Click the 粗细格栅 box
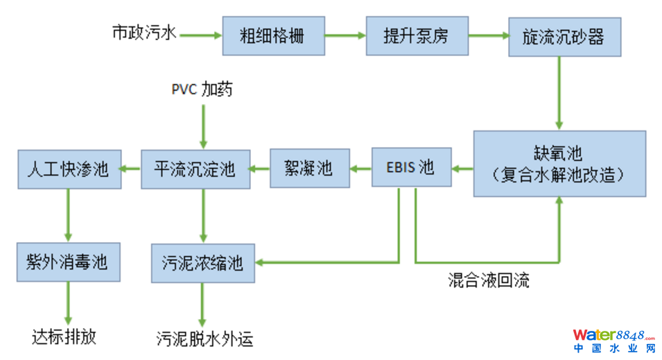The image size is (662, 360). pos(273,35)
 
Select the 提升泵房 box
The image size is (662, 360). pos(417,35)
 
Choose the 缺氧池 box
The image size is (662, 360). pos(559,163)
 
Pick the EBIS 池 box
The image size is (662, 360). pos(411,167)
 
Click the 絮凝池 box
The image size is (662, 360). pos(308,168)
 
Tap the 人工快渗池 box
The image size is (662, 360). pos(69,168)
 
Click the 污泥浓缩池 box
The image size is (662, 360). pos(202,263)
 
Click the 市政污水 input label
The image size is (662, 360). pos(145,33)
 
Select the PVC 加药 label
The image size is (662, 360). pos(202,90)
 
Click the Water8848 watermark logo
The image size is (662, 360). pos(613,339)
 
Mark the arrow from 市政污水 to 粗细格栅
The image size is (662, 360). pos(201,34)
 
